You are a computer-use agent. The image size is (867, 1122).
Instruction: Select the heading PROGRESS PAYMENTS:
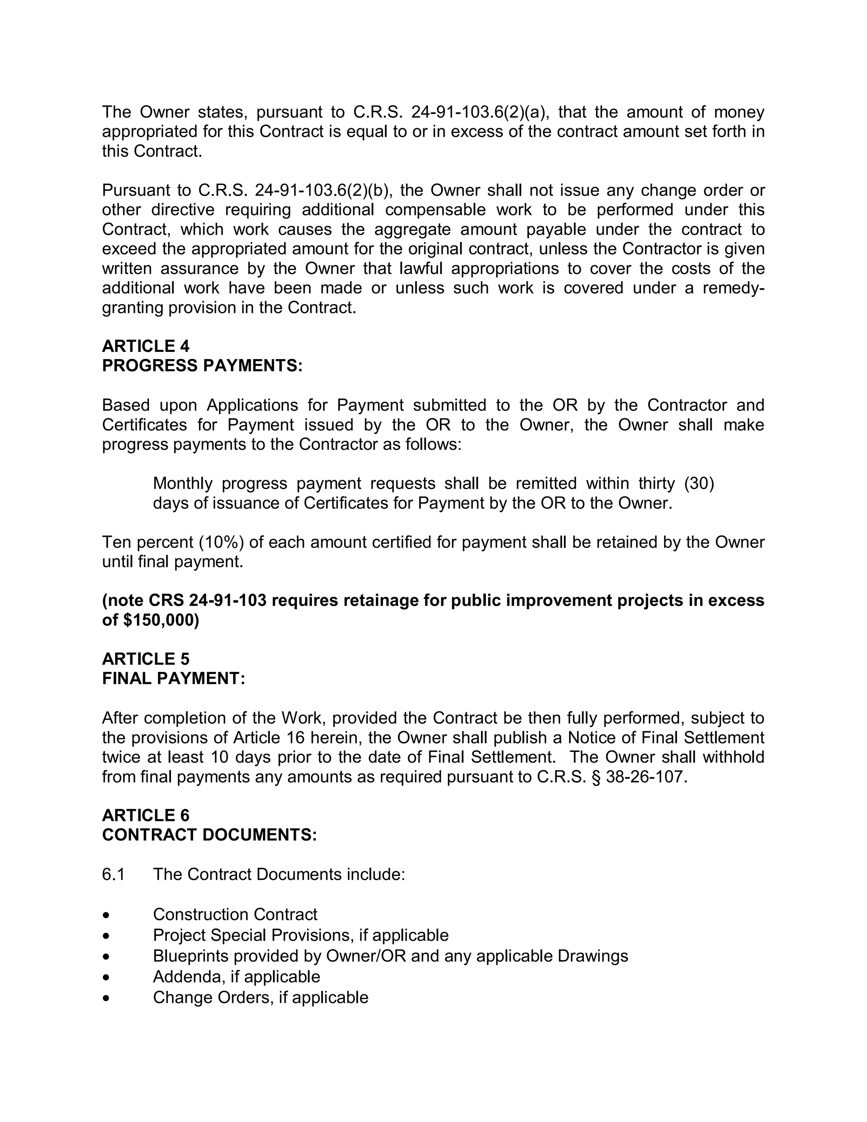tap(202, 366)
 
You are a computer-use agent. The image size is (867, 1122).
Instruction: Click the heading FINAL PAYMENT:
tap(174, 678)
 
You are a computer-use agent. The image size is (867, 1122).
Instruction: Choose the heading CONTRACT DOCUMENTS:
tap(210, 835)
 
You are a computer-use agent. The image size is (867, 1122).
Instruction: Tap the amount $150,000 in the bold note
tap(161, 620)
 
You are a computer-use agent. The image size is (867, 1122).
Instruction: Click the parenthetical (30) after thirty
tap(699, 484)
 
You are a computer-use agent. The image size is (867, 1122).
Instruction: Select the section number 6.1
tap(113, 874)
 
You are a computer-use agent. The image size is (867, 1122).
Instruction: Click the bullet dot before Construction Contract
tap(106, 915)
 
